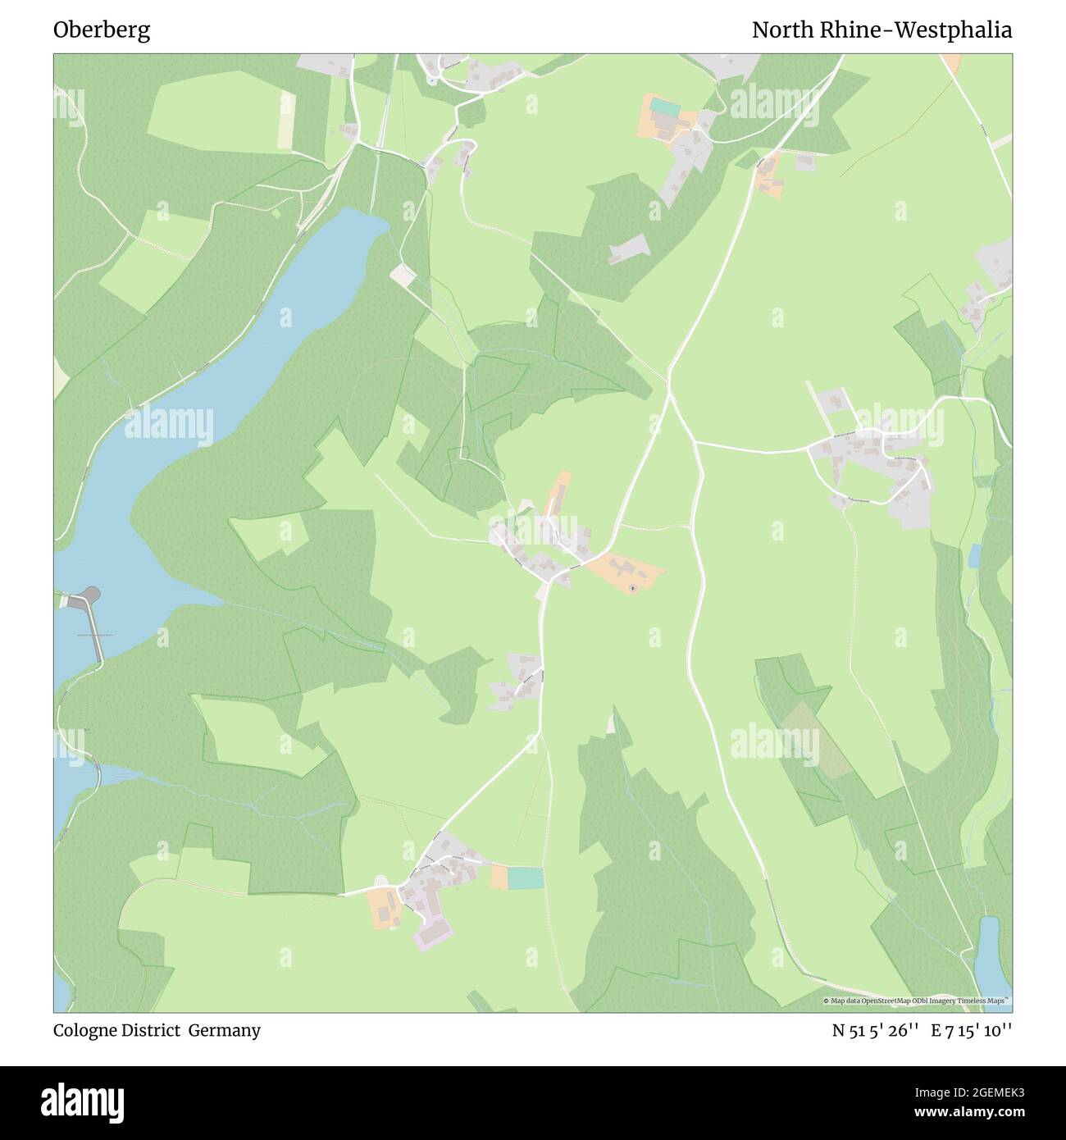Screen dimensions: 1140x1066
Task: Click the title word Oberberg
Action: [x=102, y=30]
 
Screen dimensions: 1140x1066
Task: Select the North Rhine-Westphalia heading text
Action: [x=881, y=30]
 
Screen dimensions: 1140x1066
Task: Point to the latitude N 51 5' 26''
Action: [x=875, y=1030]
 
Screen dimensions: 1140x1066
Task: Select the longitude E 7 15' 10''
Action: [x=971, y=1030]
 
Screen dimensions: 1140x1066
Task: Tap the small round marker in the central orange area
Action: [x=632, y=587]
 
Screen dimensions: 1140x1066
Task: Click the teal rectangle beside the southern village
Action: [x=525, y=878]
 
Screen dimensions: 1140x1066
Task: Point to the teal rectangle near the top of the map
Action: [x=666, y=108]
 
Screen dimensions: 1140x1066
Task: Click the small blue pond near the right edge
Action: [x=974, y=556]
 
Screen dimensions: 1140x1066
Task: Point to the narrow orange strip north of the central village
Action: [x=559, y=493]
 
